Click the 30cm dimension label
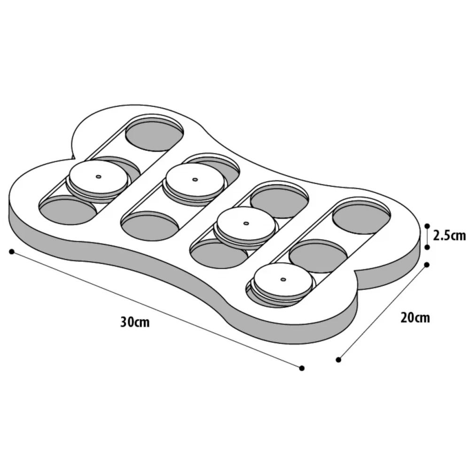coord(135,322)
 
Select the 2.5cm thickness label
coord(449,235)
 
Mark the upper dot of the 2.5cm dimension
coord(427,225)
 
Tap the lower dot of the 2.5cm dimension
coord(427,246)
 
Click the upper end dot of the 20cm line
coord(427,265)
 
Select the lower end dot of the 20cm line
coord(338,360)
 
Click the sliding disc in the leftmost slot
coord(98,180)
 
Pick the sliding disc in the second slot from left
coord(195,182)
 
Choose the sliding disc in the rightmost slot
coord(283,282)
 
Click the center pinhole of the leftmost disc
coord(98,177)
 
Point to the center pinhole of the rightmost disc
coord(283,279)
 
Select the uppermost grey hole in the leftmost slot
coord(154,135)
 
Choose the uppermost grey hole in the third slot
coord(279,201)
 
